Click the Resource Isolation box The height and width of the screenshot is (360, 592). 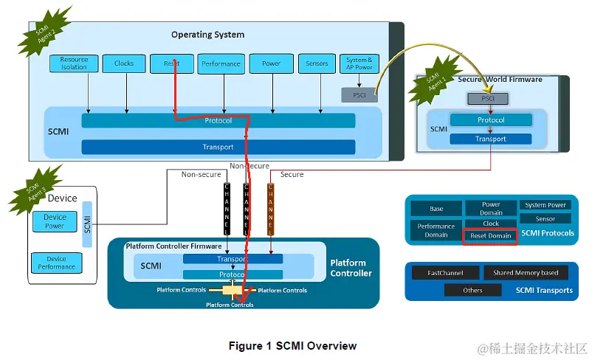74,63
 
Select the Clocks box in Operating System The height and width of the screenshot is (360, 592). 124,63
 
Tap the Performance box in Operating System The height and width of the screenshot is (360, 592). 221,63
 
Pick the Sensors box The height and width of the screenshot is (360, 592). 317,63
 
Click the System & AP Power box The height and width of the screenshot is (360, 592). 359,63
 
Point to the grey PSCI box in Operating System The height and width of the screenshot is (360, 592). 359,94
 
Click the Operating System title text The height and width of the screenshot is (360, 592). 207,35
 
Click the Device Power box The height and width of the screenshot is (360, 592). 55,221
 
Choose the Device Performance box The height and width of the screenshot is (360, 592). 56,263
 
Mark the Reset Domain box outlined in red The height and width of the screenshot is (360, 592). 491,236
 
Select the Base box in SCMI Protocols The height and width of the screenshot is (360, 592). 436,209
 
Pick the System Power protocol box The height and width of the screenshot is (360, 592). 545,205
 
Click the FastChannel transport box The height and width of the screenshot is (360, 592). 445,273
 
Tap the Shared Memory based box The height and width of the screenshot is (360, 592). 526,273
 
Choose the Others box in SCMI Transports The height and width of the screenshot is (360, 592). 472,290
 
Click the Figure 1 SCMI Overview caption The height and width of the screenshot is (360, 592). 292,346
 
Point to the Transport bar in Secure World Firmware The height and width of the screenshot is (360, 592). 491,139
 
